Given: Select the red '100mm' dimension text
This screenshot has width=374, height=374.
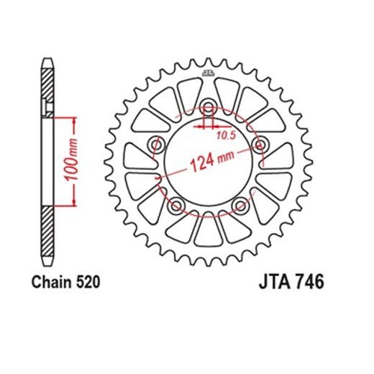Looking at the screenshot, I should coord(76,159).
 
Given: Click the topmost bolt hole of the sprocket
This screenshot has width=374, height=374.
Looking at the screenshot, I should coord(208,106).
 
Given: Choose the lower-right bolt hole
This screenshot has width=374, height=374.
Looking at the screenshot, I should coord(240,207).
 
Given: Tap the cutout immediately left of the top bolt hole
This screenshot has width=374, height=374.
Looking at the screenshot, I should coord(188,93).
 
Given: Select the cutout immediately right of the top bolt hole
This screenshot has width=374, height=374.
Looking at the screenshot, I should coord(227,93).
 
